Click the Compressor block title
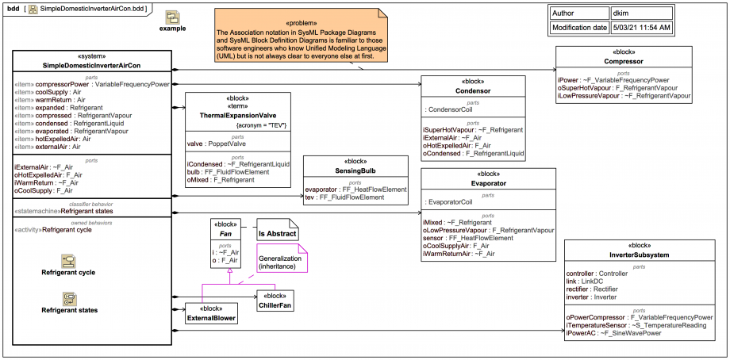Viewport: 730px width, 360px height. [624, 61]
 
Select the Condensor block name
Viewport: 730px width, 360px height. [473, 90]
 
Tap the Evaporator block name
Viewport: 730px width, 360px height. [488, 183]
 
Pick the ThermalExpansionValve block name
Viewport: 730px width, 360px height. [238, 114]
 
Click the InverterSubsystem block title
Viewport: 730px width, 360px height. [639, 255]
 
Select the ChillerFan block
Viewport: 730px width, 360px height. [275, 301]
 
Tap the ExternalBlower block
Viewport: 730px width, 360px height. [211, 313]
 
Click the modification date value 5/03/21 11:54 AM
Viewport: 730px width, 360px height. [642, 28]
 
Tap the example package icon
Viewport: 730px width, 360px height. [173, 17]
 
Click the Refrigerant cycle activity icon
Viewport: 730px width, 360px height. [68, 262]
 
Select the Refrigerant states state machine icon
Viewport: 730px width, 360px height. [69, 299]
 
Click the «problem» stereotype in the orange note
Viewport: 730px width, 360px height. [301, 23]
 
